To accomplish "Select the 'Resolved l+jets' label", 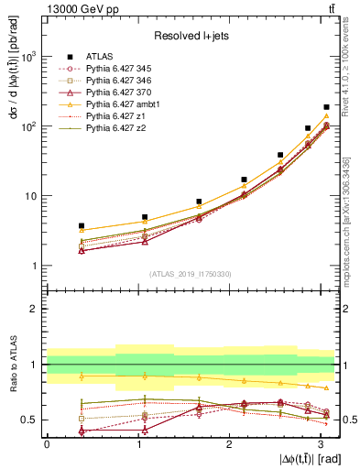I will coord(191,36).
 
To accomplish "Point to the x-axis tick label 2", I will coord(229,443).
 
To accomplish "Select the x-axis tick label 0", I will coord(47,443).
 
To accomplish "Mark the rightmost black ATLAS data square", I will coord(326,107).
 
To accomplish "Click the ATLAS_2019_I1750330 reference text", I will coord(191,274).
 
